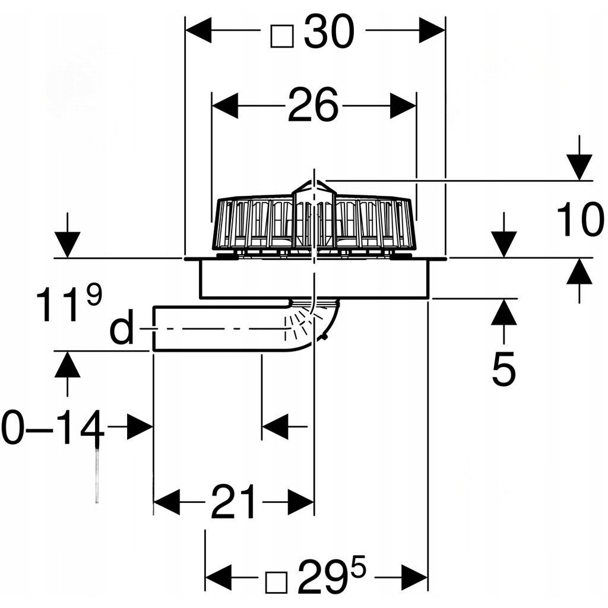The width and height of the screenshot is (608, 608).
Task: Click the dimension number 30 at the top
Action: [x=329, y=32]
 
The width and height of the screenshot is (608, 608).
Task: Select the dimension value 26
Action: [x=313, y=104]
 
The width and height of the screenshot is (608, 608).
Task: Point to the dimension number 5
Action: [x=504, y=369]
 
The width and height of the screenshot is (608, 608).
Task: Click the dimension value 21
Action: [x=234, y=502]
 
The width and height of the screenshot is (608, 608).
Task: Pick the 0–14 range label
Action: [x=53, y=427]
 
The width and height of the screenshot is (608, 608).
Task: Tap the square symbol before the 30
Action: [x=282, y=36]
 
